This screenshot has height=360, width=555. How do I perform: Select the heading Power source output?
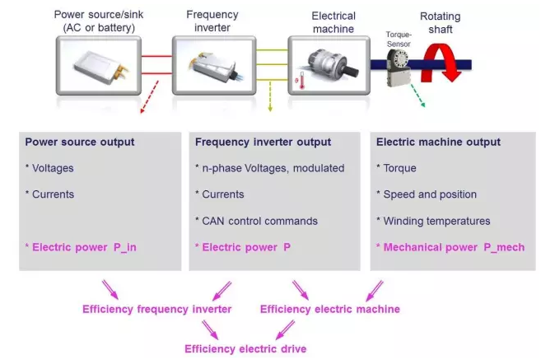[x=80, y=142]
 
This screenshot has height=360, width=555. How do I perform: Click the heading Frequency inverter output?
[x=263, y=142]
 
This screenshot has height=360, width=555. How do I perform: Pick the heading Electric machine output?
[x=438, y=142]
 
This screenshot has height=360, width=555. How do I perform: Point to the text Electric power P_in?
[x=81, y=246]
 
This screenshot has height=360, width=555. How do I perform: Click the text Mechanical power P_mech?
[x=450, y=246]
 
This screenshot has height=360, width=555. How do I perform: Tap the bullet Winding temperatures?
[x=436, y=220]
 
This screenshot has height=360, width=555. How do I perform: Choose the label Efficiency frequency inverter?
[x=156, y=309]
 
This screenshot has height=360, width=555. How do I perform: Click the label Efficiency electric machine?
[x=330, y=309]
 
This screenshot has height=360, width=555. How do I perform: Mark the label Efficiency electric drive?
[x=245, y=348]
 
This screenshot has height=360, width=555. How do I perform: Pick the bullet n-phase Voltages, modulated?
[x=270, y=168]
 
